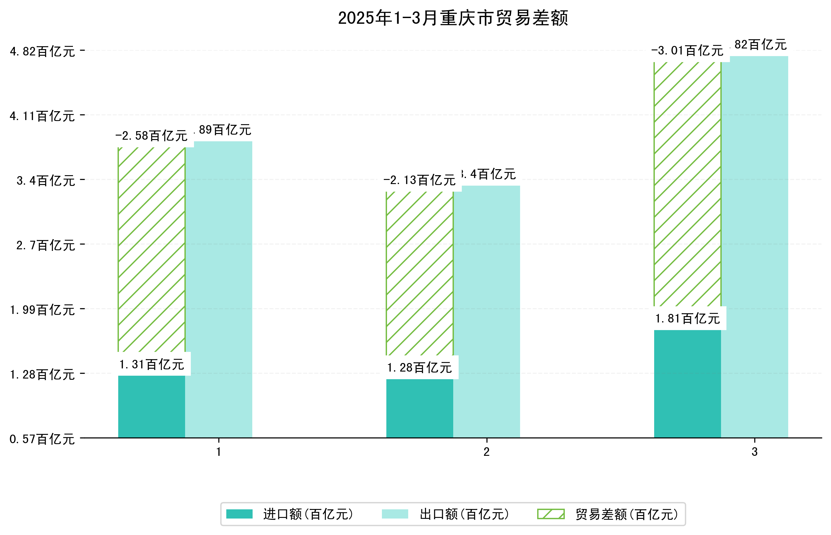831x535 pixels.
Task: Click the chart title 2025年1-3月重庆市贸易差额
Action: click(x=453, y=18)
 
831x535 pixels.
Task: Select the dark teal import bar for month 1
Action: click(x=151, y=406)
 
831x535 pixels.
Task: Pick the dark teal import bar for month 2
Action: click(x=419, y=408)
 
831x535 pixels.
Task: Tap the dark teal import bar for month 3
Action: click(x=687, y=384)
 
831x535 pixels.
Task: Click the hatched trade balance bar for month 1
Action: click(x=151, y=249)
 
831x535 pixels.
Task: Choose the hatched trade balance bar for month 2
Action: click(x=419, y=273)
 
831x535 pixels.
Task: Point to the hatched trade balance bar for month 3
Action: click(x=687, y=184)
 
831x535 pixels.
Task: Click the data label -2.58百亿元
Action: click(x=151, y=136)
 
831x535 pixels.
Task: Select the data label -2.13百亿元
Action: click(x=419, y=180)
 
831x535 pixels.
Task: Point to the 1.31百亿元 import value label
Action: click(x=151, y=364)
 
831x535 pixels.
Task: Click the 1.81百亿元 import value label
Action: click(x=687, y=319)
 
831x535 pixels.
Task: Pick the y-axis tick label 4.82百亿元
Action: click(x=42, y=51)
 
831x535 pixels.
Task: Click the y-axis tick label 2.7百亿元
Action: click(x=46, y=245)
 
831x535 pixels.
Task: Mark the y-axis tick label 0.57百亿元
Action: click(x=42, y=439)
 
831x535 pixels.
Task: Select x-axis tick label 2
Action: click(x=486, y=452)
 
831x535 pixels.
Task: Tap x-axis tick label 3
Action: click(x=754, y=452)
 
